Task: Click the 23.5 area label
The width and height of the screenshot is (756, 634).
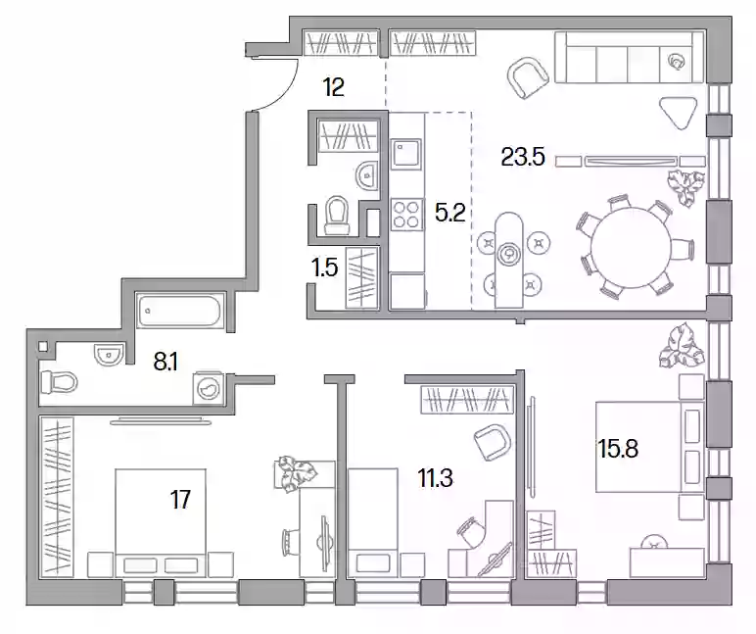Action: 523,157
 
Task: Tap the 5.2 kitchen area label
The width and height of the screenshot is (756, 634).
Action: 449,213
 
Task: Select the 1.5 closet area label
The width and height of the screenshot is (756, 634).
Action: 324,268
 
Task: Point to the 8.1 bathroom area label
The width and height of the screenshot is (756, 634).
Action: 165,361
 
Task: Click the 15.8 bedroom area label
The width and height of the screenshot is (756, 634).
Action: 618,448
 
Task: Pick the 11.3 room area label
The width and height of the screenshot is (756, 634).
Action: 435,478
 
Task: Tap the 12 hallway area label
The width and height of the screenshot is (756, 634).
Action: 333,87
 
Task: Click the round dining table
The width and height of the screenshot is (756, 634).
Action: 631,248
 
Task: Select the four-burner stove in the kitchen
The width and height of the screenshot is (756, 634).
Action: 406,215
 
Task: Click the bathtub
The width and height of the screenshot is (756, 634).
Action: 179,311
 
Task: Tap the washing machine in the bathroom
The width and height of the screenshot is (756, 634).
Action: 209,387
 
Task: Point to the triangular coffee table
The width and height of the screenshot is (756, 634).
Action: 680,113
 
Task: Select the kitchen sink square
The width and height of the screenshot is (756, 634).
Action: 406,154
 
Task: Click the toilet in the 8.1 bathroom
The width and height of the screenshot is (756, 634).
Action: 60,383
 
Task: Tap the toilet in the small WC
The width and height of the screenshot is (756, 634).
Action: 337,216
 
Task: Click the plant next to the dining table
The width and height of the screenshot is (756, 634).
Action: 685,188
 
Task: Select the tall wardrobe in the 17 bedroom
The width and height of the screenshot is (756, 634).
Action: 57,497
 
